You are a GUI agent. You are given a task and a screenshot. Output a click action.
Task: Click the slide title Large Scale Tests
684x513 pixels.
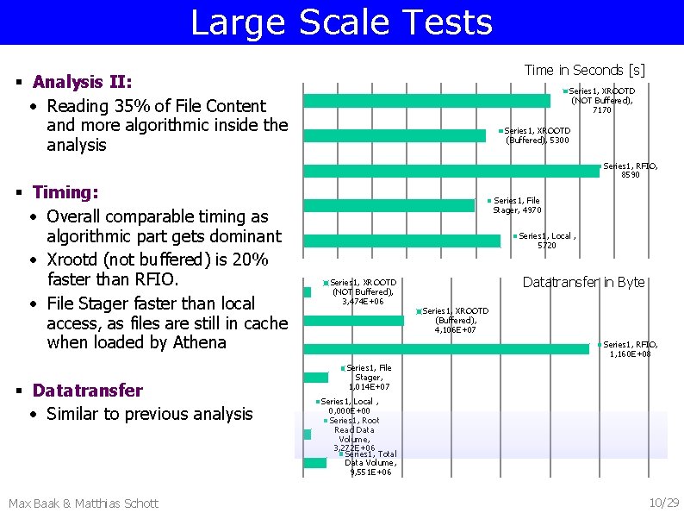click(341, 22)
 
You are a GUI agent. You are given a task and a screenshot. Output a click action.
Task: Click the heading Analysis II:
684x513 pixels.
click(82, 83)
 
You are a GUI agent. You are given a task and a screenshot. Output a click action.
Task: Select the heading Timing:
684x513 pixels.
click(65, 192)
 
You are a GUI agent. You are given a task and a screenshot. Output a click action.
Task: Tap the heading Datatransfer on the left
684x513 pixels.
click(87, 391)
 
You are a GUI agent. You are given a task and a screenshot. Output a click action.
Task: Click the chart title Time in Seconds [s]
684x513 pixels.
click(584, 70)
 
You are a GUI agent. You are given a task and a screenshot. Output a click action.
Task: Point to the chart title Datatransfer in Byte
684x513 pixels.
click(583, 283)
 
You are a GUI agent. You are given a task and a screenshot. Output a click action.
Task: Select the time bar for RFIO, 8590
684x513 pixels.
click(452, 171)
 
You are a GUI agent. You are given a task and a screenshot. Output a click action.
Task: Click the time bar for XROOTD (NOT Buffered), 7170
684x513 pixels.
click(427, 101)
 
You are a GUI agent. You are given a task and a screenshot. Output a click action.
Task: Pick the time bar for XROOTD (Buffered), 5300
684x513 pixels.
click(395, 135)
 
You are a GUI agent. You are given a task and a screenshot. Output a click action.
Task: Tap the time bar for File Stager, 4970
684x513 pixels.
click(390, 205)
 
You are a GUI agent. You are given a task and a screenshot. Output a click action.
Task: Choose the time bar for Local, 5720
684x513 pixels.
click(402, 241)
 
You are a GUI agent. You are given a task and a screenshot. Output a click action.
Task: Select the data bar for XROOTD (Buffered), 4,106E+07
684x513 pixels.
click(354, 321)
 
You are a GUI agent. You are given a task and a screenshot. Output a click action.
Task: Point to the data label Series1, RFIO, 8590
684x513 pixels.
click(630, 170)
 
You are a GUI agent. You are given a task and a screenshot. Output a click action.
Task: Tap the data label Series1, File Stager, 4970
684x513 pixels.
click(516, 205)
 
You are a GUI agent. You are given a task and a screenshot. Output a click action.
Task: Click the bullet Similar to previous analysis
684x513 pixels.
click(149, 414)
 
